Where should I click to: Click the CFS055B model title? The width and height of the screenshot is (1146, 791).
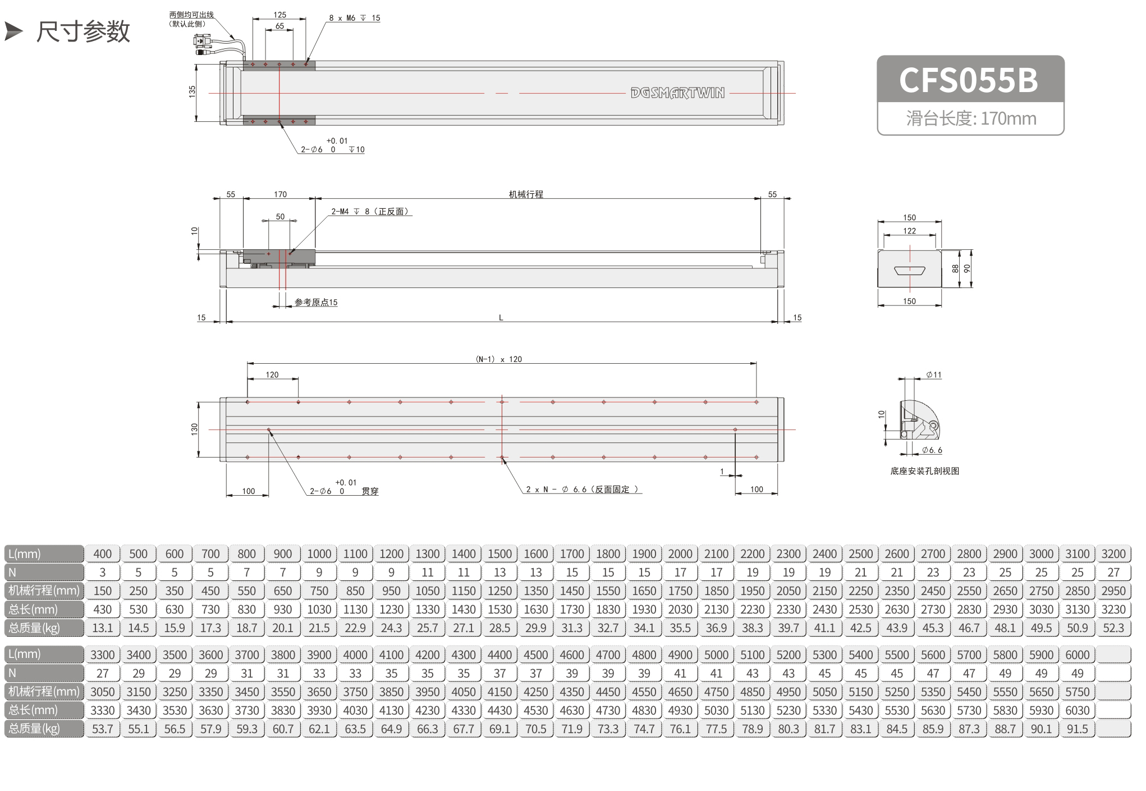[x=969, y=80]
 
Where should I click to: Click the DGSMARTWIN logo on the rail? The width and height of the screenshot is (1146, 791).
[x=677, y=93]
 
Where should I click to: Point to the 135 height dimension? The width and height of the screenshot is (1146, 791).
[x=192, y=92]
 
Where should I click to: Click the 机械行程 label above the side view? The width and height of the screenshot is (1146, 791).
[x=526, y=194]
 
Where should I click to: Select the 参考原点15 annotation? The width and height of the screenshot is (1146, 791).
[x=316, y=302]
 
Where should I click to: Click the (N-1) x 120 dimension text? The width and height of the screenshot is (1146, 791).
[x=499, y=359]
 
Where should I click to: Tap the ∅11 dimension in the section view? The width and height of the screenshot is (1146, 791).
[x=934, y=374]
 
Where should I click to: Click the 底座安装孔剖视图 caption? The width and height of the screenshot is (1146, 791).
[x=925, y=471]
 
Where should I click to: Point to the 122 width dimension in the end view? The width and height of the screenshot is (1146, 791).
[x=910, y=231]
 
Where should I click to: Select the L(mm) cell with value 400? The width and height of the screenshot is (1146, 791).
[x=102, y=554]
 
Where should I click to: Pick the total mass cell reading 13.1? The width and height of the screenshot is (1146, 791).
[x=102, y=628]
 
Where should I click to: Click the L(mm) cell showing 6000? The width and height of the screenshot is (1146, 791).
[x=1077, y=655]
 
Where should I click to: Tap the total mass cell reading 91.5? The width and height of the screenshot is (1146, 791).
[x=1077, y=729]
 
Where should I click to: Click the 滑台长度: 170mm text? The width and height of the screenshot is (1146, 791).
[x=971, y=118]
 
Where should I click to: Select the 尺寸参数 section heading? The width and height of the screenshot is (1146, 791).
[x=83, y=31]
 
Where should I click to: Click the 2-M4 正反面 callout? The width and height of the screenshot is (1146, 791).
[x=370, y=212]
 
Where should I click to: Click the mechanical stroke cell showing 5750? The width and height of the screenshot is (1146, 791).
[x=1077, y=692]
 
